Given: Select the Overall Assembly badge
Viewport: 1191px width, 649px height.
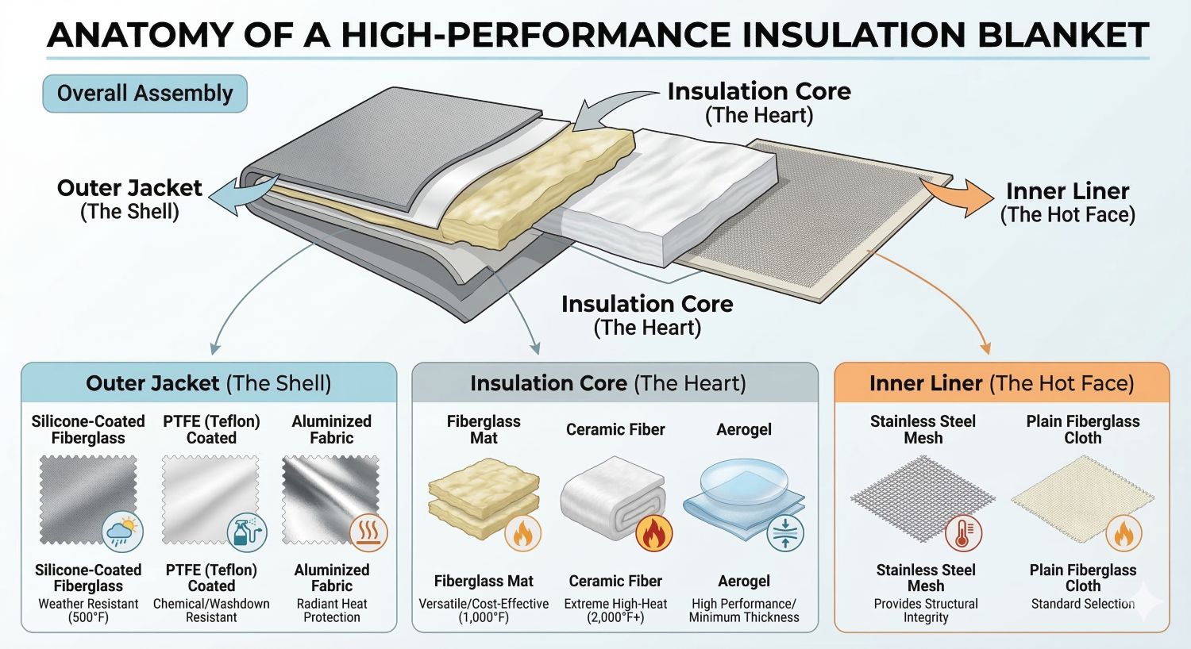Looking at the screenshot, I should coord(145,94).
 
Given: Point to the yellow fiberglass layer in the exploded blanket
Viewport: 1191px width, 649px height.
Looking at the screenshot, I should coord(540,183).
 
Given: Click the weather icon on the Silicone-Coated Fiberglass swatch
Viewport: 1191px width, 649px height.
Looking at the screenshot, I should coord(123,532).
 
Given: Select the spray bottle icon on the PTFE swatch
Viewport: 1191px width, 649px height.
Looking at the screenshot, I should coord(247,532).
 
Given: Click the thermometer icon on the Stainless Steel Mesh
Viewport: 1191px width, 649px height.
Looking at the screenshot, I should coord(963,532).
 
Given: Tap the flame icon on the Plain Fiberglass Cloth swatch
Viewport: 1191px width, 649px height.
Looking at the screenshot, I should coord(1123,532).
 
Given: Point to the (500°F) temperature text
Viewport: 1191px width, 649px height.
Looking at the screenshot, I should coord(88,617).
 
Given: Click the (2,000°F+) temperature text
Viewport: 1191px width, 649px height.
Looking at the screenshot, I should coord(615,617).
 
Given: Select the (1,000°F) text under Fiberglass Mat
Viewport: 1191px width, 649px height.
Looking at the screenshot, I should coord(484,617).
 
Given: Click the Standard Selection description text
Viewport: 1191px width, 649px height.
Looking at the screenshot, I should coord(1082,604).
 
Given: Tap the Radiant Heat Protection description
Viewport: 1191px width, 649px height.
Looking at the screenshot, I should coord(332,610).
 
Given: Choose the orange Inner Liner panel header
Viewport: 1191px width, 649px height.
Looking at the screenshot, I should coord(1001,383).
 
